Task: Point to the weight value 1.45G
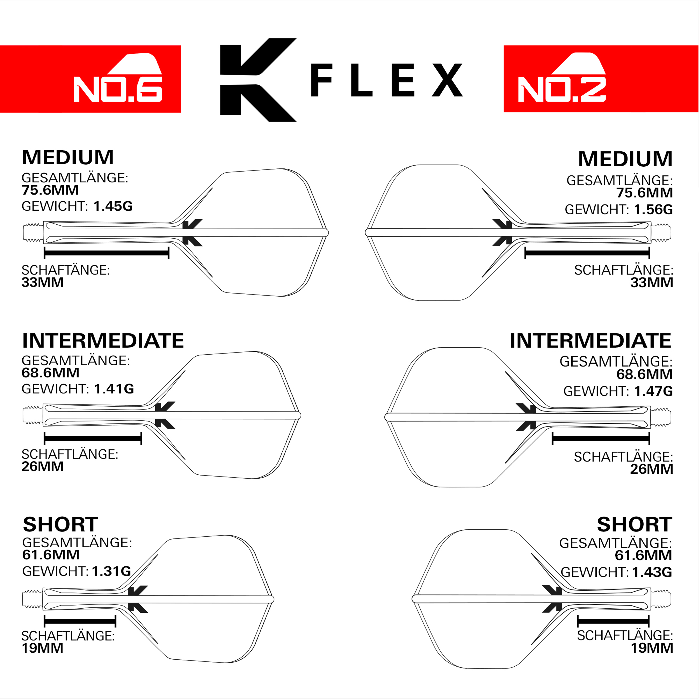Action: pos(113,206)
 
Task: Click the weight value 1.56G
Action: pos(653,209)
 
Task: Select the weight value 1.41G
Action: pos(114,389)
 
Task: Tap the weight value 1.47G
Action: pos(653,391)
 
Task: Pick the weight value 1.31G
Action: pos(111,571)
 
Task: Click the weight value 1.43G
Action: pos(652,572)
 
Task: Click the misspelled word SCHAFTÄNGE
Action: pos(65,270)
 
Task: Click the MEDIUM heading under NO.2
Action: pos(625,159)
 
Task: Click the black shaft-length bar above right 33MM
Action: pos(587,253)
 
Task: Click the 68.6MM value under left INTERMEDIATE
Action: pos(50,373)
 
